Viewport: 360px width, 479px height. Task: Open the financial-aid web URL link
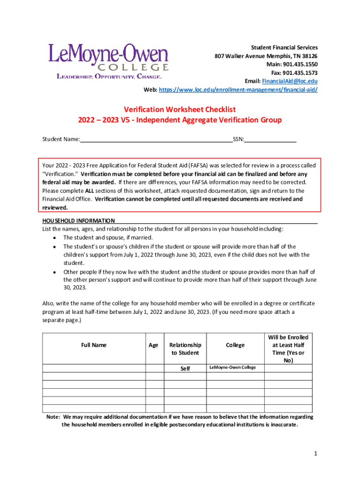click(238, 89)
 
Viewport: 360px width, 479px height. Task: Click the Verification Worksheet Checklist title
click(180, 109)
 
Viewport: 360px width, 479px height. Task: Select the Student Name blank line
click(156, 139)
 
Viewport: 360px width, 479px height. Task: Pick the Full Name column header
click(94, 345)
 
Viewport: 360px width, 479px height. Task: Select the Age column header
click(153, 345)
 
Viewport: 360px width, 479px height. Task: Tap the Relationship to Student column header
click(185, 349)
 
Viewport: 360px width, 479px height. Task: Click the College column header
click(235, 345)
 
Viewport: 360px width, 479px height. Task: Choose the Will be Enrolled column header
click(288, 349)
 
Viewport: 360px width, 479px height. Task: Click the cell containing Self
click(185, 369)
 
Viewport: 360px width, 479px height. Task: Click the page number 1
click(316, 454)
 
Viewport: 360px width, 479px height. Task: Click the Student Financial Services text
click(284, 47)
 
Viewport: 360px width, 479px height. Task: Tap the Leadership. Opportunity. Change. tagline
click(109, 76)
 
